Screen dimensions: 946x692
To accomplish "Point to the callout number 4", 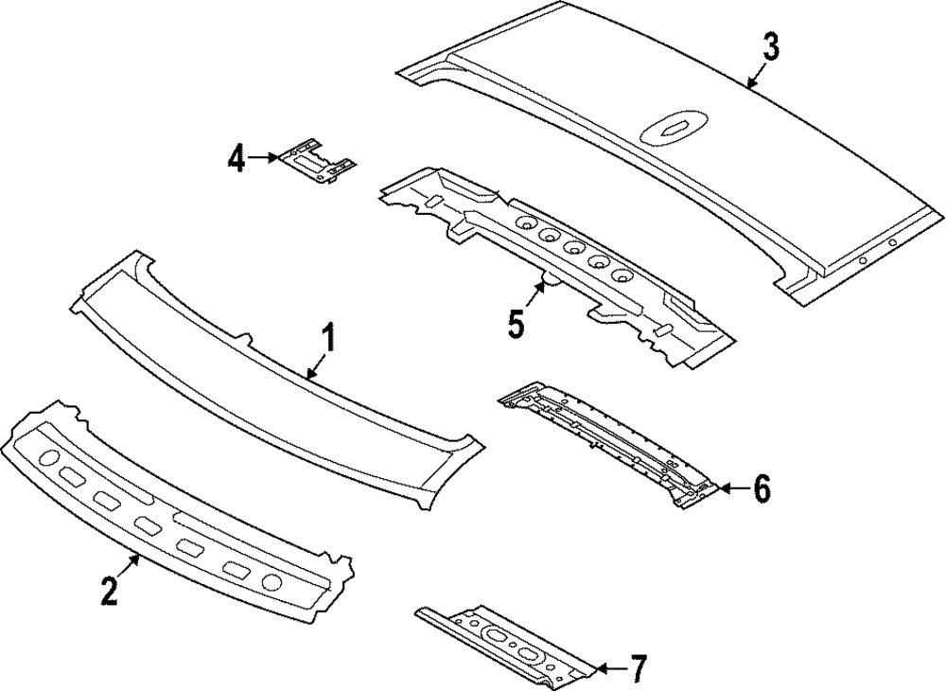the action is coord(236,158).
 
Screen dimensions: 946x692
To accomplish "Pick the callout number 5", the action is coord(516,323).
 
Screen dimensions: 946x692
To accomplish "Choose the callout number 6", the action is coord(762,488).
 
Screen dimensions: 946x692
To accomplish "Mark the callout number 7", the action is coord(638,669).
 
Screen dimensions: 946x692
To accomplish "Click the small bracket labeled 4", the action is coord(317,161).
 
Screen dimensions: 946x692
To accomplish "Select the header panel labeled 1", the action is coord(274,374).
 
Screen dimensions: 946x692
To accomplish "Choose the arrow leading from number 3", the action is coord(756,75).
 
